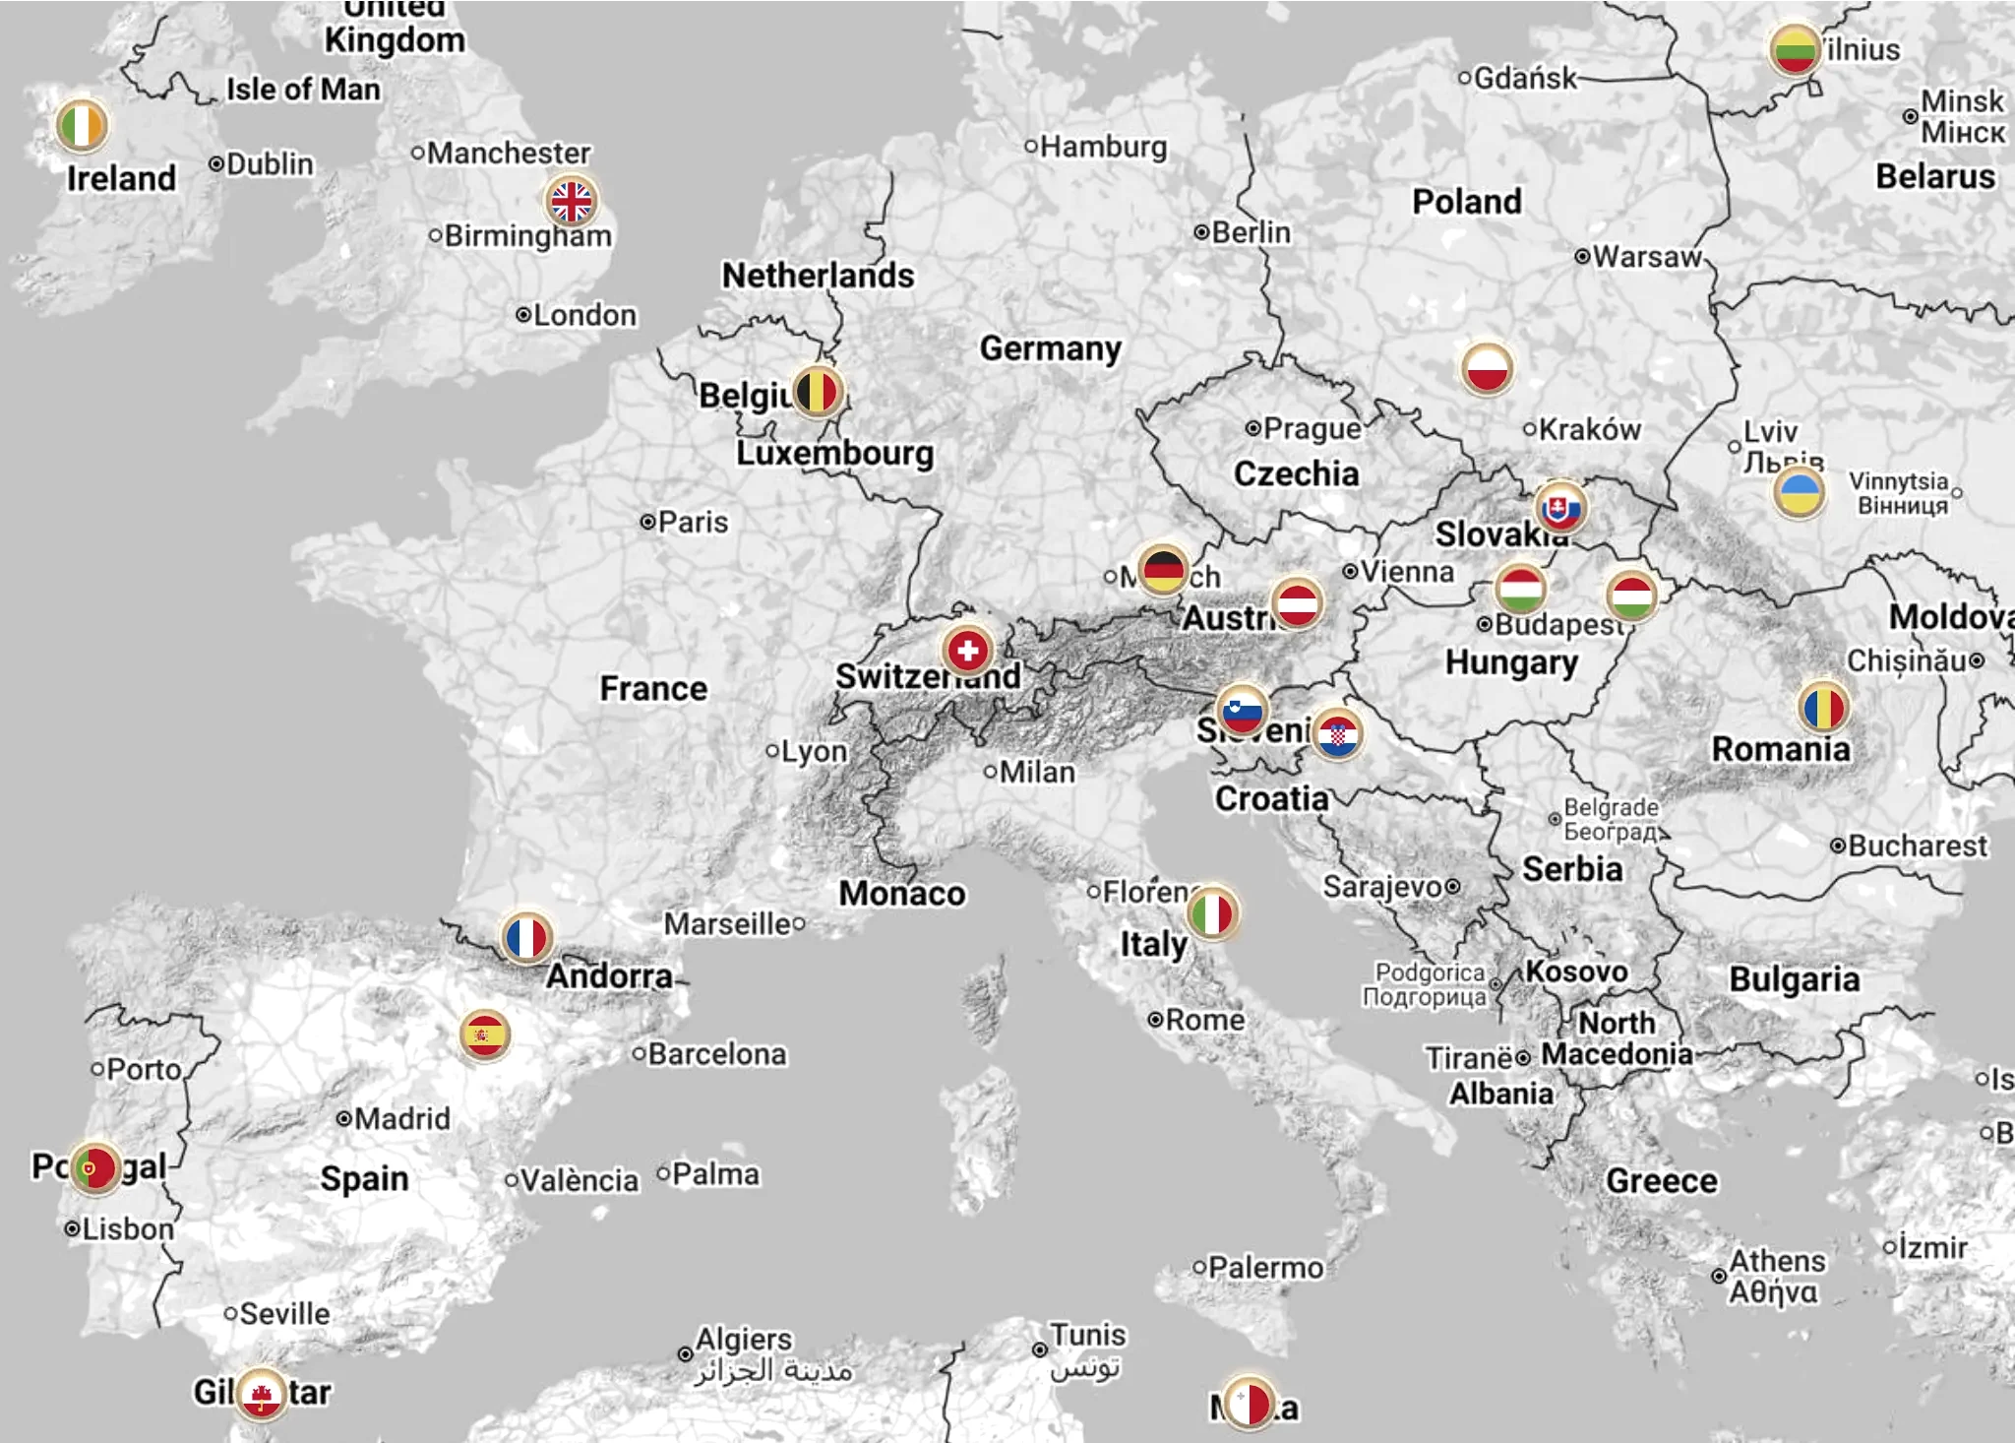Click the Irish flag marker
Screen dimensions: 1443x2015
coord(82,125)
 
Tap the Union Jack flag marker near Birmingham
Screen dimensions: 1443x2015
coord(571,201)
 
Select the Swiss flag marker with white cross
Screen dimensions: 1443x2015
coord(967,650)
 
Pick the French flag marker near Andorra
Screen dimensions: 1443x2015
coord(526,937)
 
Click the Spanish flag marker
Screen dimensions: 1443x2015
coord(484,1035)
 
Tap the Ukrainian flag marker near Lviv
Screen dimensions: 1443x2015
coord(1800,492)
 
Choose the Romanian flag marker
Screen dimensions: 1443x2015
coord(1823,707)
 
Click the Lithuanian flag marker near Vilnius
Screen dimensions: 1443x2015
coord(1794,50)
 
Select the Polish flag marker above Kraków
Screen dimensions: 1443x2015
coord(1487,367)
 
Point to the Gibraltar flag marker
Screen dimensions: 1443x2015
coord(262,1394)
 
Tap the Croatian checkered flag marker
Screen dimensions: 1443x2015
coord(1337,734)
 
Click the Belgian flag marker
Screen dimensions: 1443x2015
coord(817,392)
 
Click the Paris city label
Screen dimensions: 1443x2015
coord(693,522)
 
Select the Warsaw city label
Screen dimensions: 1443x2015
coord(1646,257)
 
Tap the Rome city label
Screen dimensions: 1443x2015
coord(1204,1020)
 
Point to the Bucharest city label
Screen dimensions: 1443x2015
coord(1917,846)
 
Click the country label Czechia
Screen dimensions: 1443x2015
coord(1296,473)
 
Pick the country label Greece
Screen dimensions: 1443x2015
coord(1661,1180)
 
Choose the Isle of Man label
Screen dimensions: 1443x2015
coord(303,90)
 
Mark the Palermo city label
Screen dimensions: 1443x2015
coord(1265,1268)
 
